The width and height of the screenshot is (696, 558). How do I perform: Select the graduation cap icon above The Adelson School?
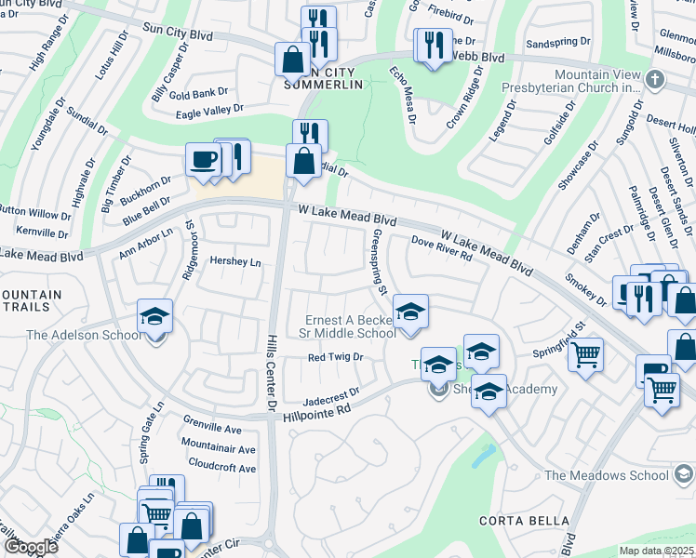[x=155, y=314]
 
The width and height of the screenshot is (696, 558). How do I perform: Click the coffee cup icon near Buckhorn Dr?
[x=203, y=159]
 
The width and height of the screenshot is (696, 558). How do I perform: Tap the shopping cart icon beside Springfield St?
[x=585, y=353]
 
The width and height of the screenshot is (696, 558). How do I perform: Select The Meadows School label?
[x=607, y=475]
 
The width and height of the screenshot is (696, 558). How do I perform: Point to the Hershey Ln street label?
[x=235, y=262]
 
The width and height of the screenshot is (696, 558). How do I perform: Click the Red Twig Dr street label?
[x=335, y=357]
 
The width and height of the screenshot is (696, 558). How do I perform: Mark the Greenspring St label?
[x=379, y=263]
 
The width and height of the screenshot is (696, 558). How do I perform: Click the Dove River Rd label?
[x=442, y=250]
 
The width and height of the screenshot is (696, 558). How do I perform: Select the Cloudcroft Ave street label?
[x=221, y=468]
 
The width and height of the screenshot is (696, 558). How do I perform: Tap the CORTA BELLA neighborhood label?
[x=517, y=519]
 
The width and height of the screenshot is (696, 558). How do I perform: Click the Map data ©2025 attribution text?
[x=655, y=551]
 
